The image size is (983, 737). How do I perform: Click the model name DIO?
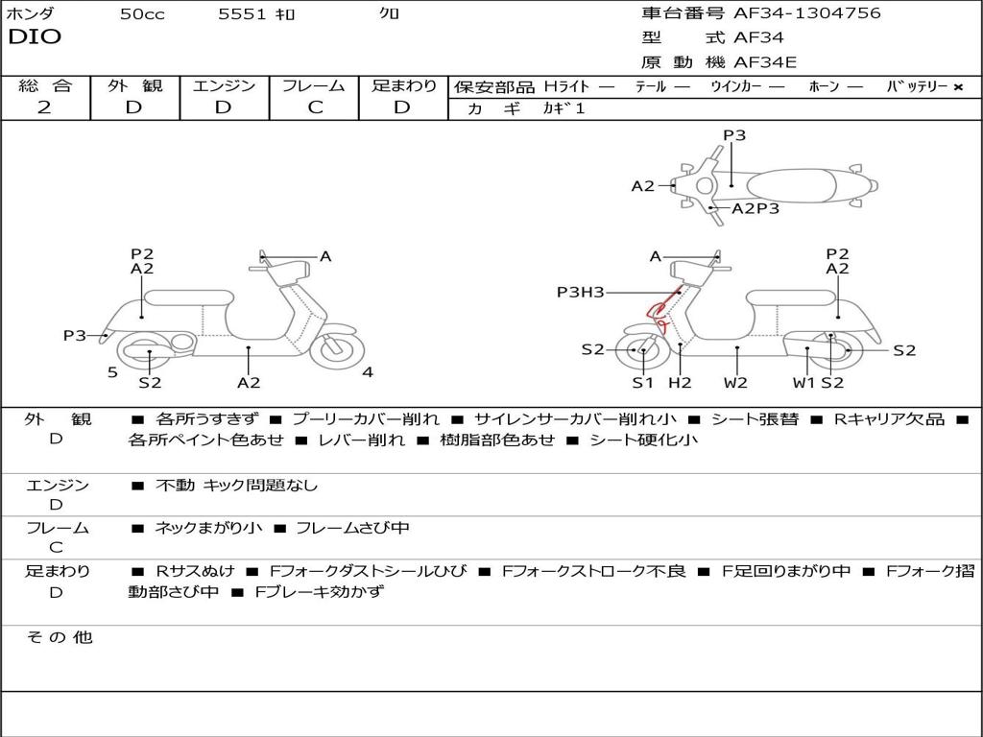pyautogui.click(x=35, y=37)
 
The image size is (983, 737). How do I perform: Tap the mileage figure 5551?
pyautogui.click(x=244, y=14)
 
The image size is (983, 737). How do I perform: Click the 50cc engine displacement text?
pyautogui.click(x=142, y=14)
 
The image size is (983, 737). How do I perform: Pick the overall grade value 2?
pyautogui.click(x=44, y=107)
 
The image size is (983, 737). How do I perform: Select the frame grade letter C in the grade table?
pyautogui.click(x=315, y=107)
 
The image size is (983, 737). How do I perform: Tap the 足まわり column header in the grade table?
pyautogui.click(x=404, y=85)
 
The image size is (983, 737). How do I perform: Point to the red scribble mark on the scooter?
pyautogui.click(x=659, y=312)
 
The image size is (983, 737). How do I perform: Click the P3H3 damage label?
pyautogui.click(x=580, y=292)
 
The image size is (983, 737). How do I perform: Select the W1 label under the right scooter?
pyautogui.click(x=803, y=383)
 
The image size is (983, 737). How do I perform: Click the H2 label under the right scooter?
pyautogui.click(x=680, y=383)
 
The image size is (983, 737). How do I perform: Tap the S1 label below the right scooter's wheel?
pyautogui.click(x=642, y=383)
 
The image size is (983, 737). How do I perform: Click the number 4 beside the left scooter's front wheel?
pyautogui.click(x=368, y=372)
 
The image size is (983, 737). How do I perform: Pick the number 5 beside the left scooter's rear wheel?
pyautogui.click(x=112, y=372)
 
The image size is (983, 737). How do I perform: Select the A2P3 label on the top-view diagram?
pyautogui.click(x=755, y=208)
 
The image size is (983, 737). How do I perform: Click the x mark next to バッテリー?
pyautogui.click(x=958, y=86)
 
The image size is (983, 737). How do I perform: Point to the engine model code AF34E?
pyautogui.click(x=765, y=62)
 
